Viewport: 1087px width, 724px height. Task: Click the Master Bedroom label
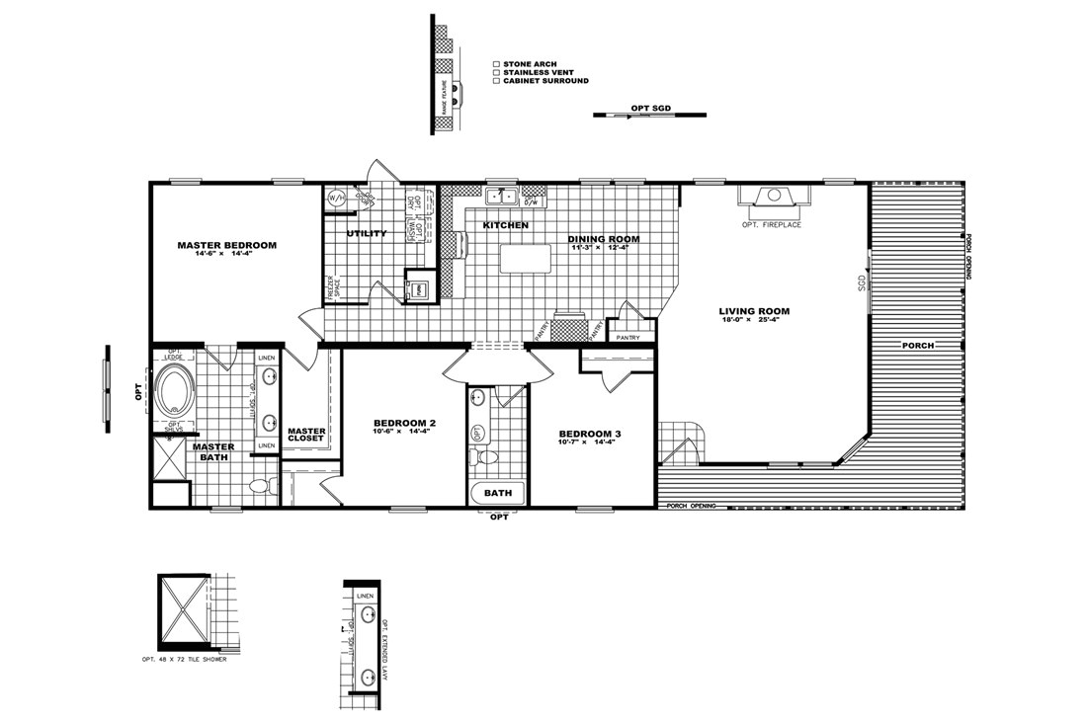[x=226, y=245]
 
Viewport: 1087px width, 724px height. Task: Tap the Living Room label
[x=754, y=312]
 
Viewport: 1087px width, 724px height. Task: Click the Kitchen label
[x=505, y=226]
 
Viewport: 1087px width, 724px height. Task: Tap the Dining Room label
[x=604, y=239]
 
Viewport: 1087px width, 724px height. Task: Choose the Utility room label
[x=366, y=234]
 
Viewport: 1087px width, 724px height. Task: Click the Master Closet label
[x=306, y=435]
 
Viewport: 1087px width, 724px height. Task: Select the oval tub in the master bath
[x=177, y=389]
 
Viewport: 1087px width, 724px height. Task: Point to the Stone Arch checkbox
[x=496, y=62]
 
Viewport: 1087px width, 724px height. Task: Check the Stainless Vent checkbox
[x=496, y=72]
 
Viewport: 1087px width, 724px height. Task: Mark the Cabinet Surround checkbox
[x=496, y=81]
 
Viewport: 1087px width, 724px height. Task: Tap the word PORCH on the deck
[x=918, y=346]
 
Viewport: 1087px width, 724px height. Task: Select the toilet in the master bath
[x=260, y=486]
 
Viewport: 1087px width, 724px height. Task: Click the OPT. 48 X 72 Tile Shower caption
[x=184, y=659]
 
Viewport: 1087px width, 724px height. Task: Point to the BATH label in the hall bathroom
[x=498, y=492]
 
